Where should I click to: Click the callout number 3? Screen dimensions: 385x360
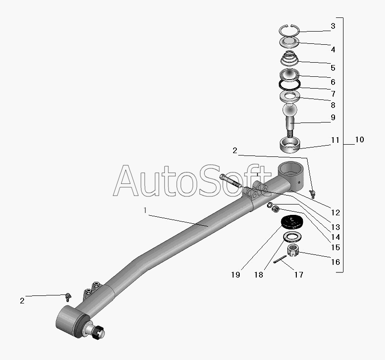[333, 26]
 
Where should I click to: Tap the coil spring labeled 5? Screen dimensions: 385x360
[289, 60]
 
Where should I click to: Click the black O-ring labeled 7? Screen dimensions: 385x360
[289, 85]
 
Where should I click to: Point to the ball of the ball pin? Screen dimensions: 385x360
[290, 111]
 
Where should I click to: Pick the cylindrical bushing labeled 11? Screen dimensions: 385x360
[289, 144]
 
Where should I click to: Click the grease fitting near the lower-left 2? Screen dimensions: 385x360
[68, 296]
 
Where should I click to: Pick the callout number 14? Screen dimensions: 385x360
[336, 237]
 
